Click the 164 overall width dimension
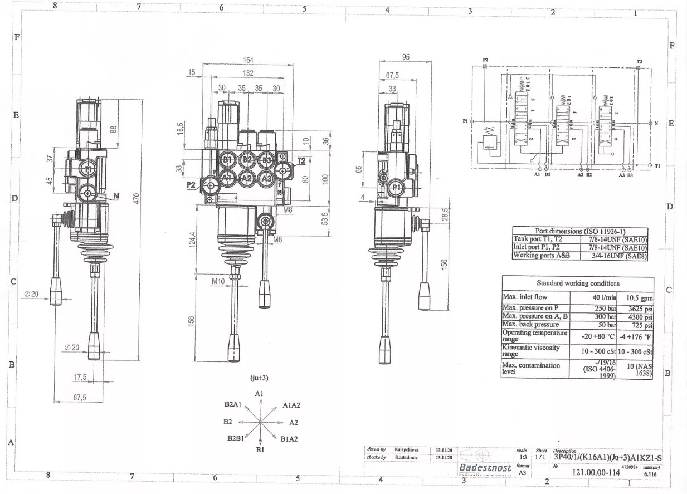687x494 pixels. [x=249, y=60]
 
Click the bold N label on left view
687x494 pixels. [x=116, y=195]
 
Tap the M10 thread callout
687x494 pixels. [x=218, y=282]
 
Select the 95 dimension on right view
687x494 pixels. [x=405, y=57]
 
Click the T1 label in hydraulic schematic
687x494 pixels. [x=658, y=166]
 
